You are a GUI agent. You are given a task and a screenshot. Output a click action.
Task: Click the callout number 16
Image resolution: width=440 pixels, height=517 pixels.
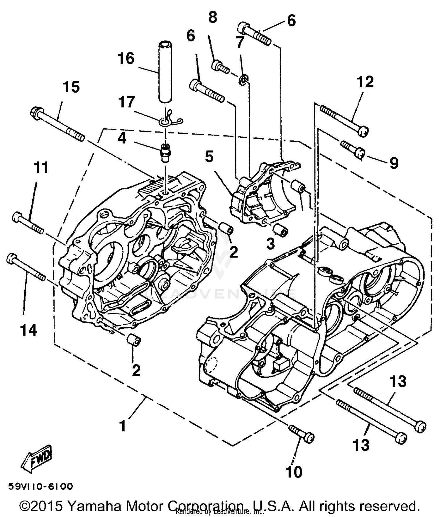[x=126, y=59]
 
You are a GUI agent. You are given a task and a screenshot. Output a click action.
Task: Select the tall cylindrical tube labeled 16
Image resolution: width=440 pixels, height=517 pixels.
[x=165, y=72]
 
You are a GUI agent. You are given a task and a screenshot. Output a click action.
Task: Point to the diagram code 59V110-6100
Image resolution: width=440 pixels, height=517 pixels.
[x=40, y=487]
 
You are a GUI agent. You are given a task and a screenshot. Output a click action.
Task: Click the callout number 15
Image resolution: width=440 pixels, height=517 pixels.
[x=71, y=87]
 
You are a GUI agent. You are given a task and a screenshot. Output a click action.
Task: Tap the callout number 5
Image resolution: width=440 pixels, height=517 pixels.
[x=209, y=157]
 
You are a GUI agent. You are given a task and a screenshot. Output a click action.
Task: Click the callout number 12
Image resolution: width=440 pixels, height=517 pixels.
[x=365, y=82]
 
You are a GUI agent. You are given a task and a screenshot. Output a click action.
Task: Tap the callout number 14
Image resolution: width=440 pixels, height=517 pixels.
[x=29, y=330]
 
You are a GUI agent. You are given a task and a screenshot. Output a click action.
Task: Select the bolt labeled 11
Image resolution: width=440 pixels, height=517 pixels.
[x=28, y=223]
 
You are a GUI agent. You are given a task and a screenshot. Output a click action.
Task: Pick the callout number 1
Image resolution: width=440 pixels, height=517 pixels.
[x=123, y=426]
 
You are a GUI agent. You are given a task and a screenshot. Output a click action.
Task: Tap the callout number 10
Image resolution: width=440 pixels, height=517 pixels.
[x=293, y=472]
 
